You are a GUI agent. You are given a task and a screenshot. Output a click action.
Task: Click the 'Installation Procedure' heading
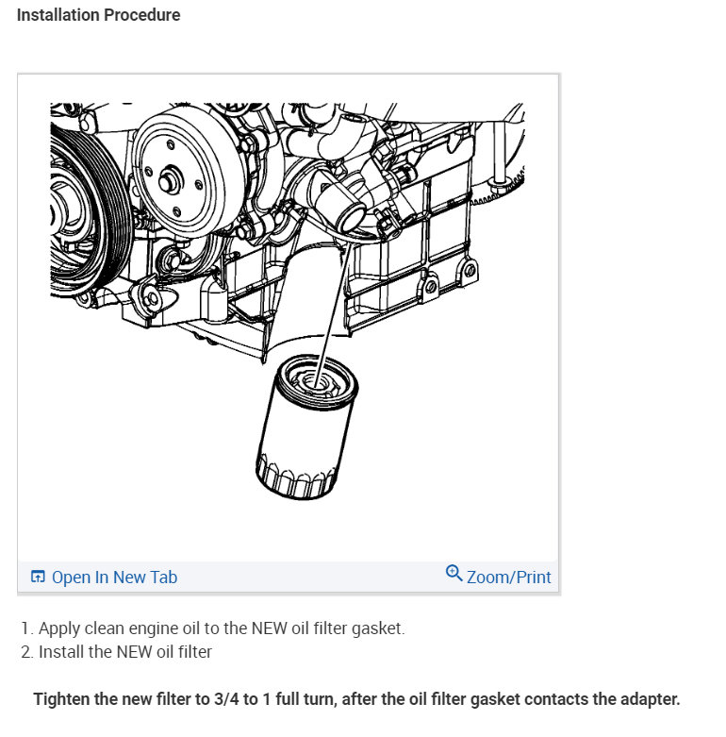coord(98,15)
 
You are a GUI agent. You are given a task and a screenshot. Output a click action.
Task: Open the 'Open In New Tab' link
coord(114,578)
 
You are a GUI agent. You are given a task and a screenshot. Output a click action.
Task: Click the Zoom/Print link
coord(509,577)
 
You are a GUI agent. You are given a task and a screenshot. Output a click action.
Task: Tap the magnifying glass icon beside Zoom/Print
coord(454,573)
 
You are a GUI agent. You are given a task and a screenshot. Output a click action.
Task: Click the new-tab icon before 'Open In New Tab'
coord(38,578)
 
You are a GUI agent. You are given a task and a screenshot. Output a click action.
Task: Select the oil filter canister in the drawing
coord(306,434)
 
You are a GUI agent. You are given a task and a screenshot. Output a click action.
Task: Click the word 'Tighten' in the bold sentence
coord(63,700)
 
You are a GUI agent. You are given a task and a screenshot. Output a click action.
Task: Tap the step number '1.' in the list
coord(27,628)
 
